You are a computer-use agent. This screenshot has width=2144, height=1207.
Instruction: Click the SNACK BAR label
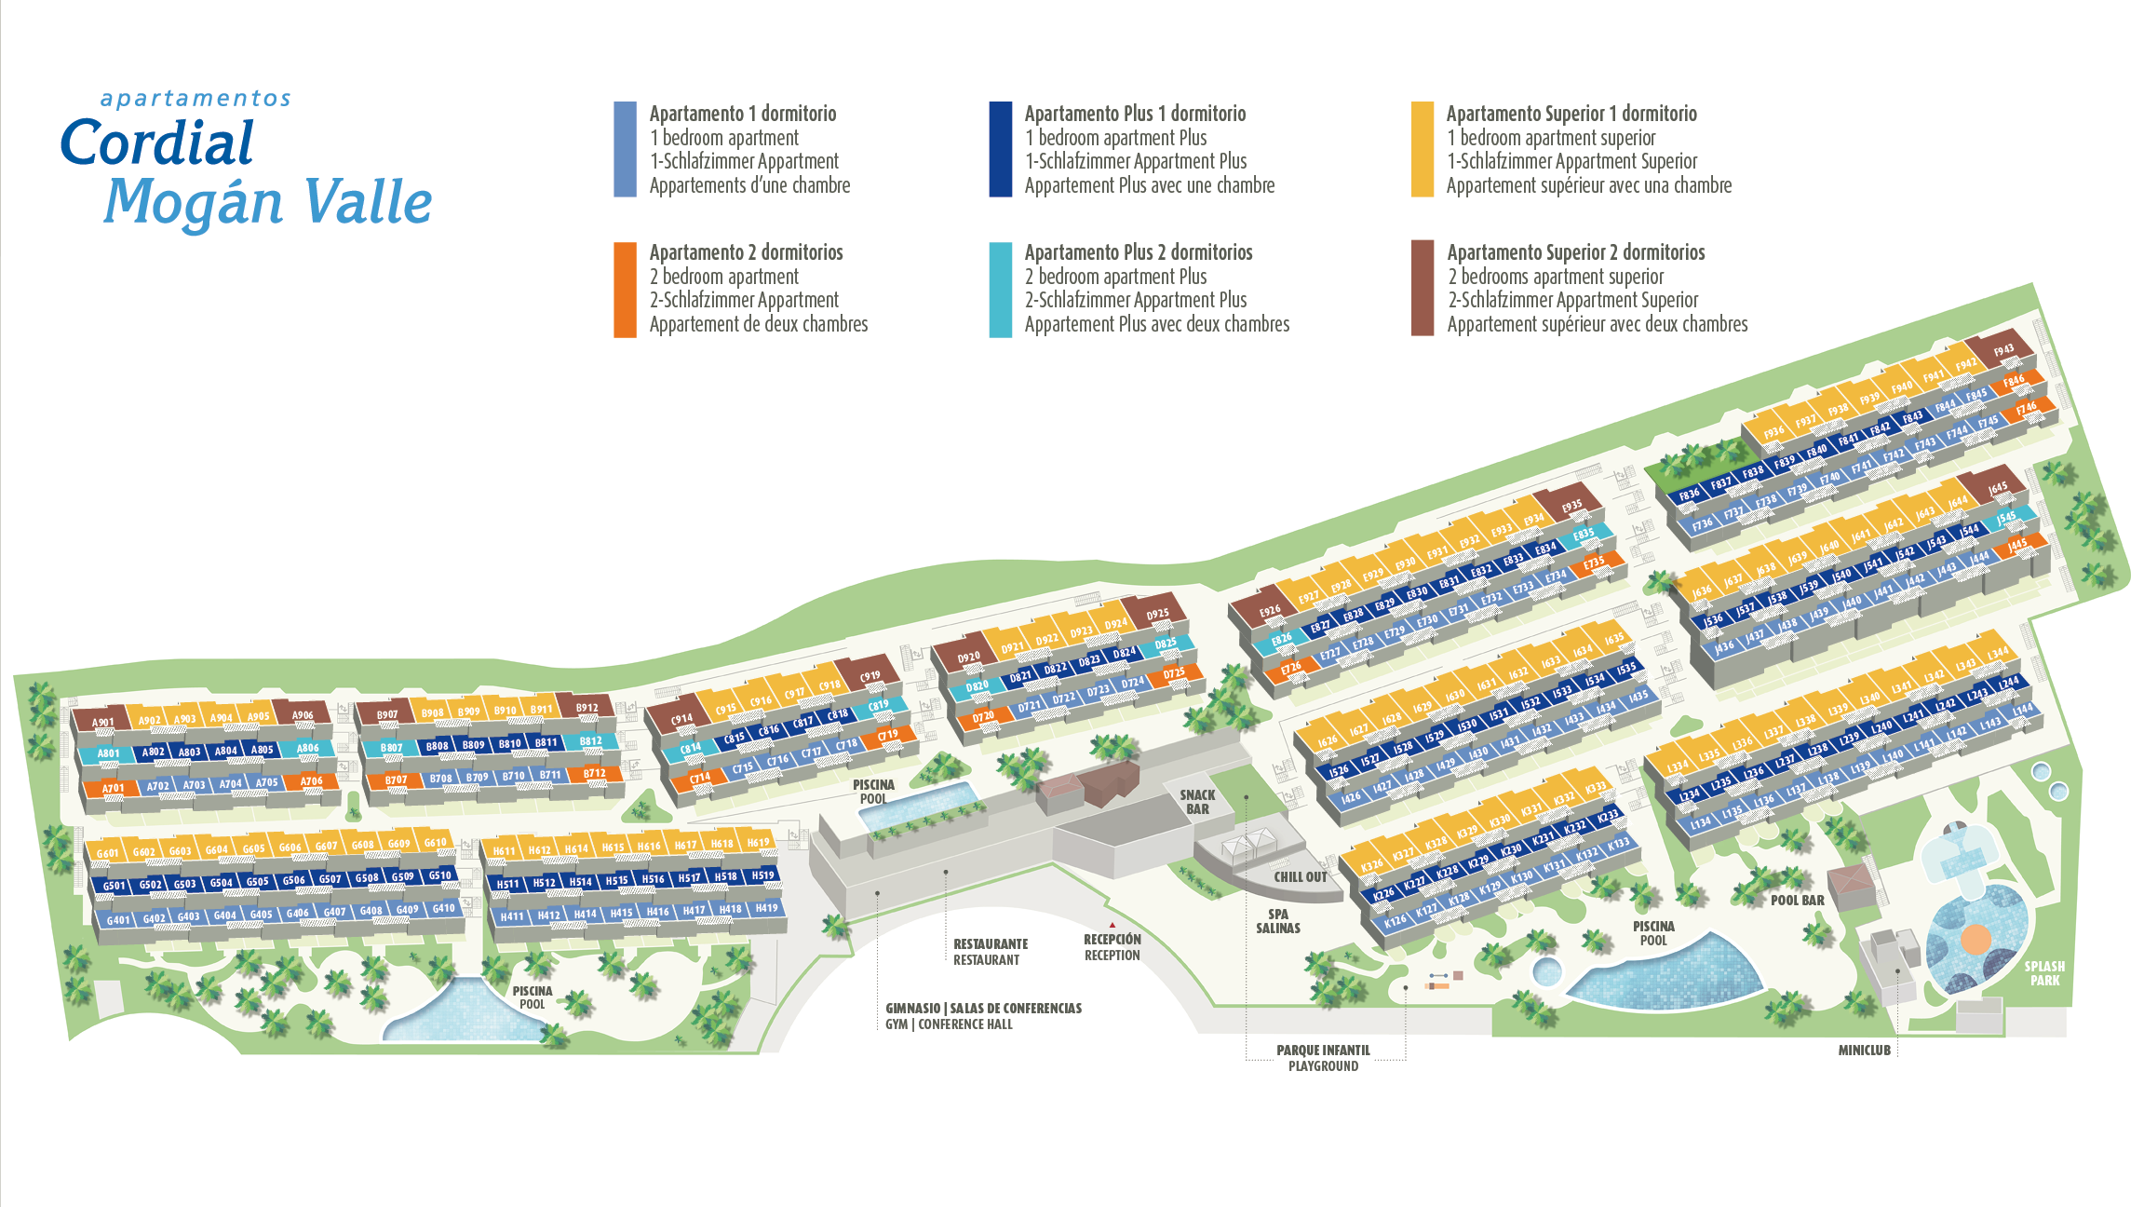[x=1197, y=802]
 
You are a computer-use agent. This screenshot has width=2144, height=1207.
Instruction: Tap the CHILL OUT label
[x=1301, y=877]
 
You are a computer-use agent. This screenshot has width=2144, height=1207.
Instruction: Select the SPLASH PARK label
[x=2044, y=973]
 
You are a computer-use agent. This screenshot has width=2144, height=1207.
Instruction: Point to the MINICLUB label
[x=1864, y=1051]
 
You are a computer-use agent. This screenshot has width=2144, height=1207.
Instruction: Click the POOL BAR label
[x=1797, y=901]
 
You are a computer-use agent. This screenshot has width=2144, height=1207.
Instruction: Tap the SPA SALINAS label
[x=1278, y=921]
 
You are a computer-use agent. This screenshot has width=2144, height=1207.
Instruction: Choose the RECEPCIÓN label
[x=1112, y=941]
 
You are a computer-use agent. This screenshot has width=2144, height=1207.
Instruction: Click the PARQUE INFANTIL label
[x=1323, y=1051]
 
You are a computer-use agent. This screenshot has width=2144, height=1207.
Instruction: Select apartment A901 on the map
[x=103, y=722]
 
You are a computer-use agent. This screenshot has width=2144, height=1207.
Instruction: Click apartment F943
[x=2003, y=349]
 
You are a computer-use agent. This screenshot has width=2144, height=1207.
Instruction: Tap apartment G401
[x=118, y=920]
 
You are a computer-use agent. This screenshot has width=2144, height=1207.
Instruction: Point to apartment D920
[x=969, y=657]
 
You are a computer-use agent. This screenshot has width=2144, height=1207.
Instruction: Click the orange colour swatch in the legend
[x=625, y=289]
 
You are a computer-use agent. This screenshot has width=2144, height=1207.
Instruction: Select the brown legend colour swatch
[x=1422, y=288]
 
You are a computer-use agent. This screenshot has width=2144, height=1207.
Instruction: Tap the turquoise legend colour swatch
[x=1000, y=289]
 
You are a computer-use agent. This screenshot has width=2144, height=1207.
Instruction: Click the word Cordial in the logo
[x=156, y=143]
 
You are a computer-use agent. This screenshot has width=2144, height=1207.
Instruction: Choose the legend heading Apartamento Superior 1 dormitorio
[x=1571, y=114]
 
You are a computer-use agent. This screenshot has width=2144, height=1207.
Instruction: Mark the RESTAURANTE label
[x=991, y=944]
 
